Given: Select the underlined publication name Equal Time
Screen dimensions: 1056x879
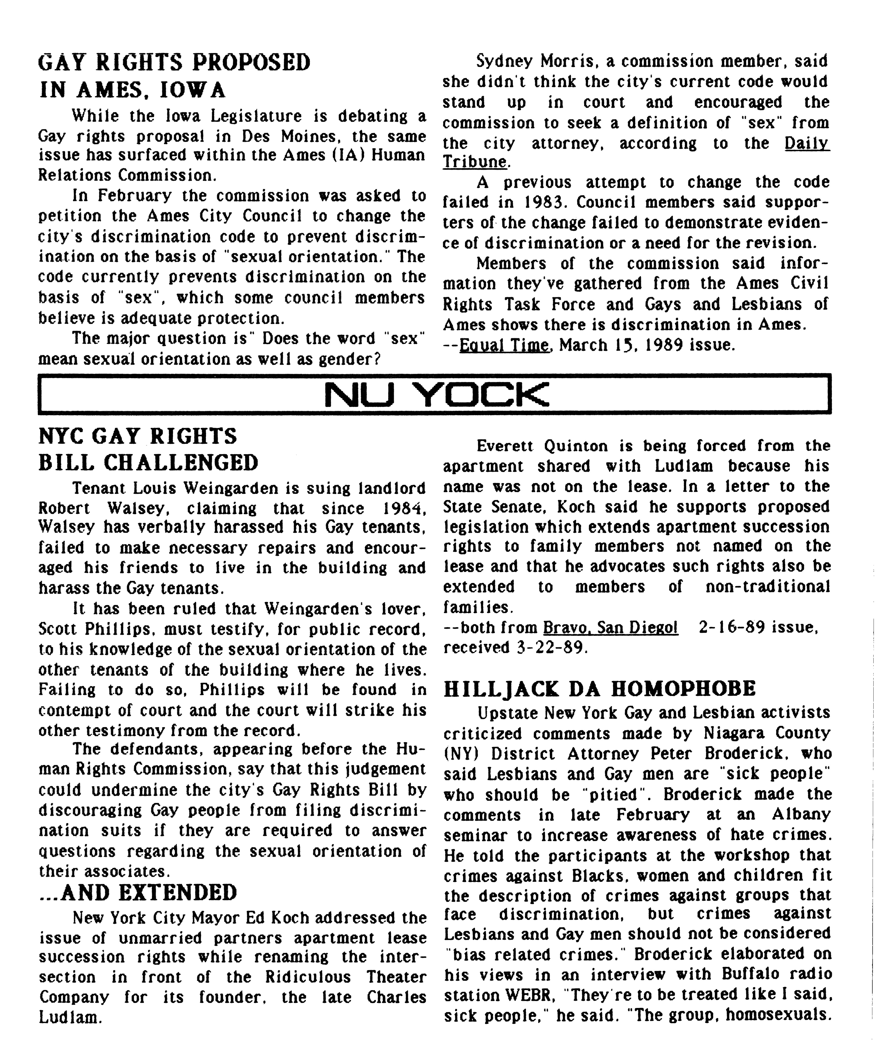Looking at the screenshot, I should coord(504,346).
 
